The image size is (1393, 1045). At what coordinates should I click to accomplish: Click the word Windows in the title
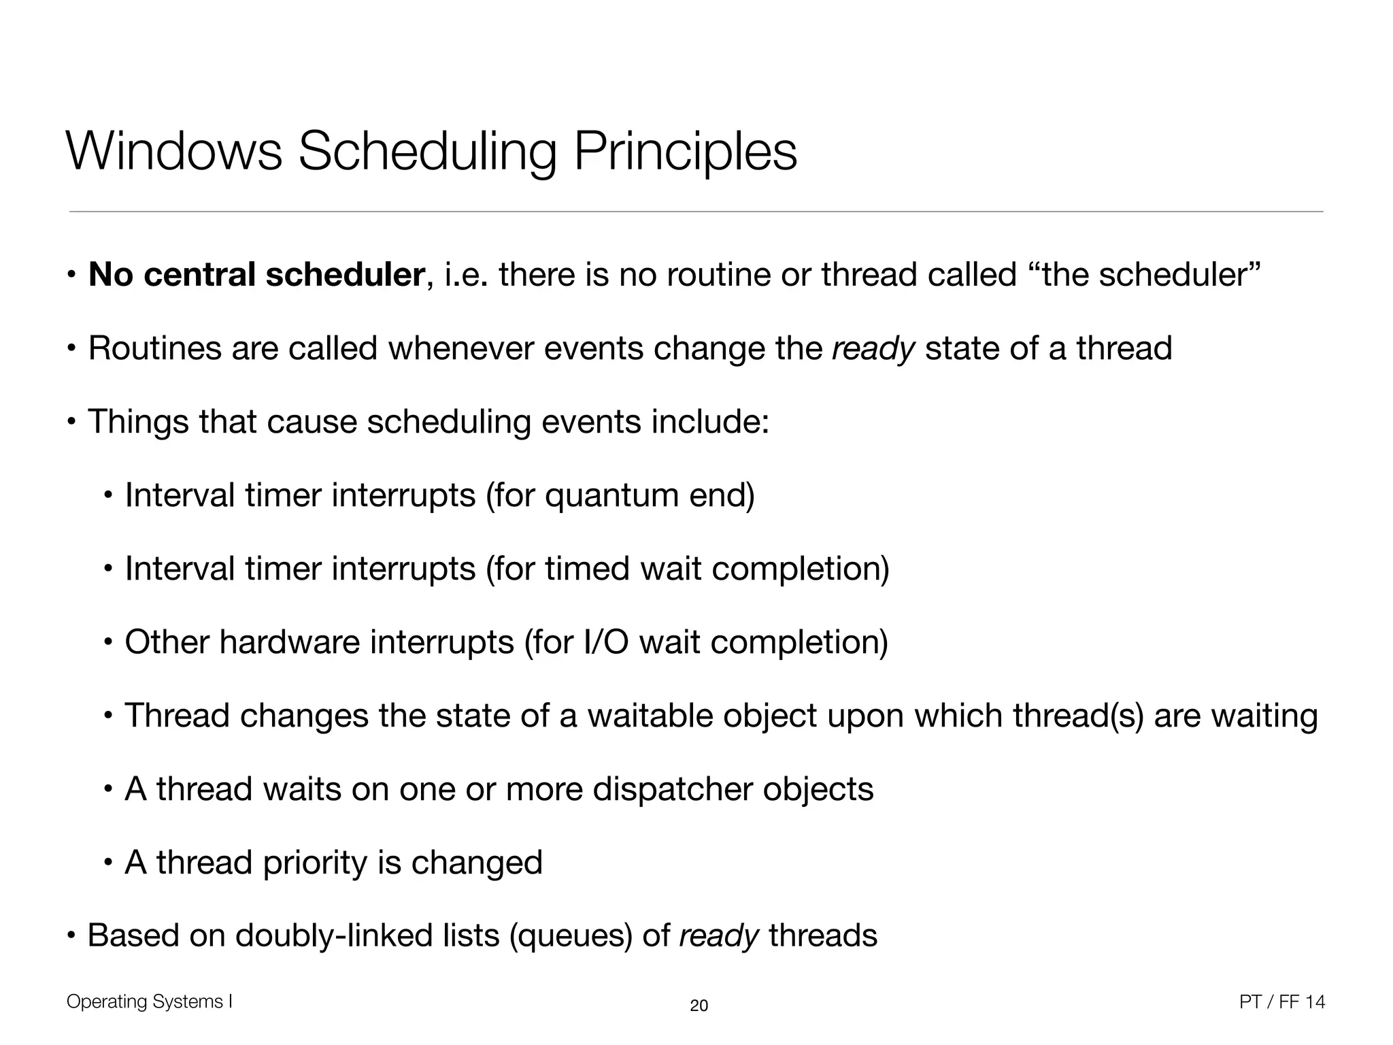pyautogui.click(x=174, y=152)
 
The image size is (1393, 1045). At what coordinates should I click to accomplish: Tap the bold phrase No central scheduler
pyautogui.click(x=257, y=275)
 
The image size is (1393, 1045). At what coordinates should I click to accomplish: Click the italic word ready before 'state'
pyautogui.click(x=873, y=350)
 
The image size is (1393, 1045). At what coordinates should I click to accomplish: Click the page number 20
pyautogui.click(x=699, y=1006)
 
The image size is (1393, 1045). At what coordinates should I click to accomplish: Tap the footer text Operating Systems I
pyautogui.click(x=150, y=1001)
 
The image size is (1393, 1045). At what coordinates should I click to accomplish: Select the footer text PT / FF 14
pyautogui.click(x=1282, y=1001)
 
